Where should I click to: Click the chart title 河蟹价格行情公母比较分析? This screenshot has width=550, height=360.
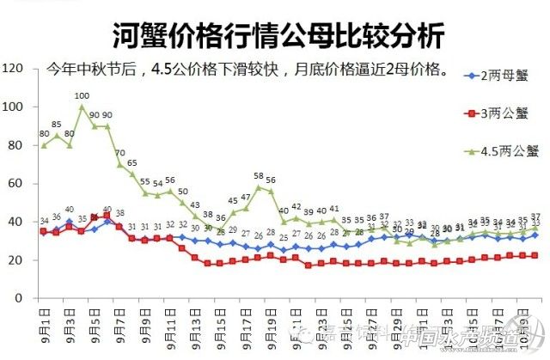pyautogui.click(x=278, y=36)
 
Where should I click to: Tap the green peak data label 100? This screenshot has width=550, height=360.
pyautogui.click(x=82, y=96)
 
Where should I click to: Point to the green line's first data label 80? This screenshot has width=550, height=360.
pyautogui.click(x=44, y=134)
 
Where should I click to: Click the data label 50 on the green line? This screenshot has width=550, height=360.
pyautogui.click(x=183, y=192)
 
